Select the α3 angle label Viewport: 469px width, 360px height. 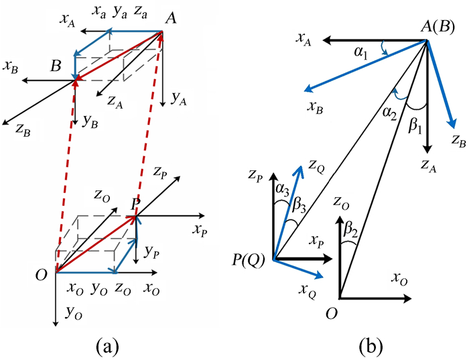[281, 195]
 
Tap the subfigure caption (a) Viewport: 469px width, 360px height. [109, 345]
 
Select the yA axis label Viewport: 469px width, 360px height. [178, 99]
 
